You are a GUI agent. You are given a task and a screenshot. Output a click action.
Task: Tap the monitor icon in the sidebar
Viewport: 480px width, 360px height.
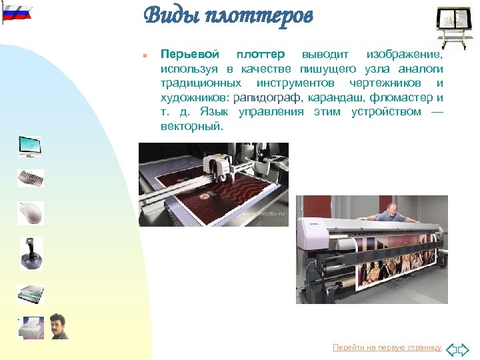[30, 146]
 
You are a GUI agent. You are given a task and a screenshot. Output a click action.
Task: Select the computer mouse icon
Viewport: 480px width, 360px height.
[30, 213]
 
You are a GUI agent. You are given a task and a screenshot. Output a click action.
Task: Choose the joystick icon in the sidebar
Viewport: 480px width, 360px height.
[31, 253]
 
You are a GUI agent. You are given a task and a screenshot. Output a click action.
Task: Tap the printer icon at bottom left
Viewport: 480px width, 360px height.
[31, 327]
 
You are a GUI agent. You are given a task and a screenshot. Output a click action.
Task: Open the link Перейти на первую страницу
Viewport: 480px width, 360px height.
[387, 348]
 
